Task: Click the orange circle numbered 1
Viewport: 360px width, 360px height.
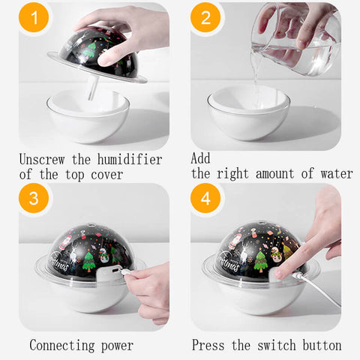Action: tap(34, 17)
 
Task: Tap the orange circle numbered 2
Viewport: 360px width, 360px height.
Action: tap(205, 17)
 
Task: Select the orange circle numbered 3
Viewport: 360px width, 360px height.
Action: tap(34, 198)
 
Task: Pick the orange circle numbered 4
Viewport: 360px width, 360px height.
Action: tap(205, 198)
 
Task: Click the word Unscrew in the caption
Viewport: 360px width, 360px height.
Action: tap(42, 159)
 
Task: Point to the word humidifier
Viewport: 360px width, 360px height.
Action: tap(130, 159)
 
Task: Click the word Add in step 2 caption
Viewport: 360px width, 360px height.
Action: tap(200, 158)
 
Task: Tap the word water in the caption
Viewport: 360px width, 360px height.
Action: tap(337, 173)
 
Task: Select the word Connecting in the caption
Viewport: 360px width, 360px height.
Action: tap(62, 345)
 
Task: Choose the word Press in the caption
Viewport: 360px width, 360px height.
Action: tap(208, 345)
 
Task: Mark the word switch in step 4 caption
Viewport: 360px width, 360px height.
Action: tap(277, 345)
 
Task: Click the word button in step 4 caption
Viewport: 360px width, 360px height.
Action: tap(322, 345)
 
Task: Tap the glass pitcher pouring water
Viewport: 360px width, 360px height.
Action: tap(296, 40)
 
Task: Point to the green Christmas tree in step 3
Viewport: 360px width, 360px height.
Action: tap(88, 262)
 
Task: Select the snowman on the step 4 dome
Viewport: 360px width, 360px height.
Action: tap(275, 254)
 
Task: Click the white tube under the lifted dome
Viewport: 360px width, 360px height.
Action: tap(93, 88)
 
